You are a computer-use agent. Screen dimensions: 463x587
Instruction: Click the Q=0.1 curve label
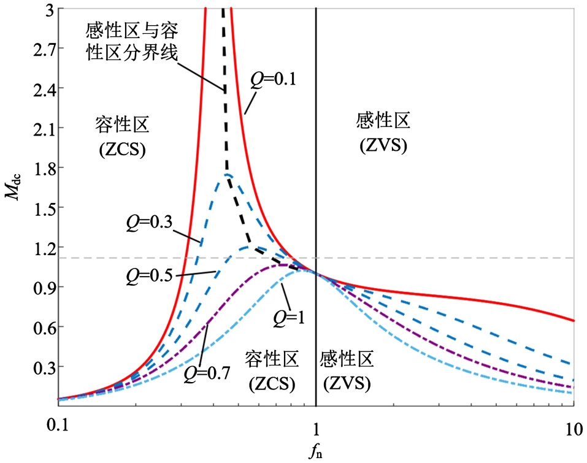tap(273, 78)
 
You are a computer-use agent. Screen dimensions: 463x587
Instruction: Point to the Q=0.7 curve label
tap(206, 371)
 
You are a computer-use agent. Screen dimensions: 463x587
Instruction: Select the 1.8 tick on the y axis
tap(38, 168)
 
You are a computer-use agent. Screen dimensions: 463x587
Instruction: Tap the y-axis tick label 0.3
tap(38, 367)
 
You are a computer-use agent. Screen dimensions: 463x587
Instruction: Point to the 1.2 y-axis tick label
tap(38, 248)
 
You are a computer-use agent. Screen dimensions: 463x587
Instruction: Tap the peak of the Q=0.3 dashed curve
tap(228, 175)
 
